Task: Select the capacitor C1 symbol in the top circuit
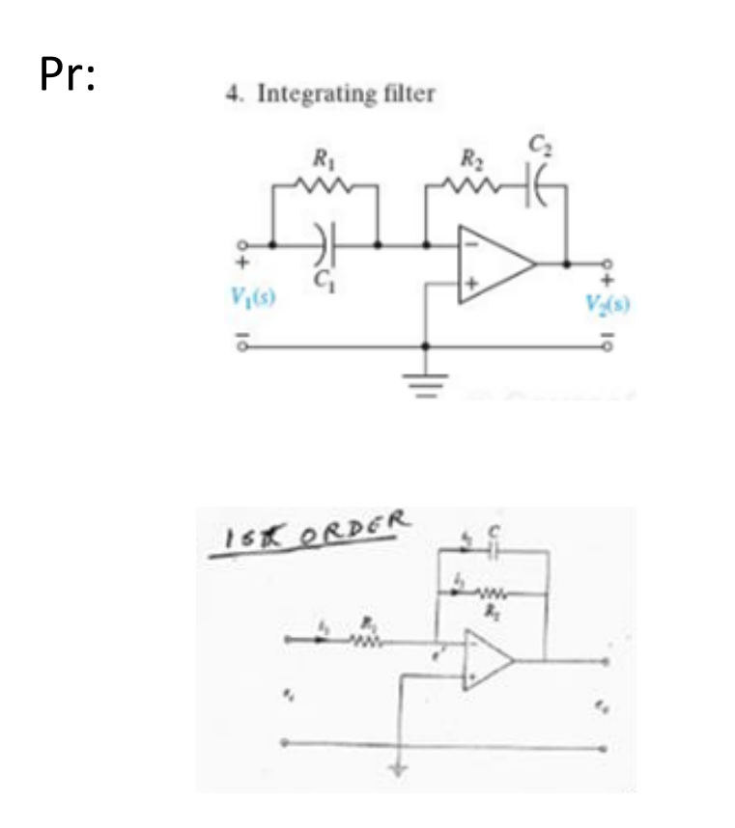click(325, 246)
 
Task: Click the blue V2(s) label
click(609, 300)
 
